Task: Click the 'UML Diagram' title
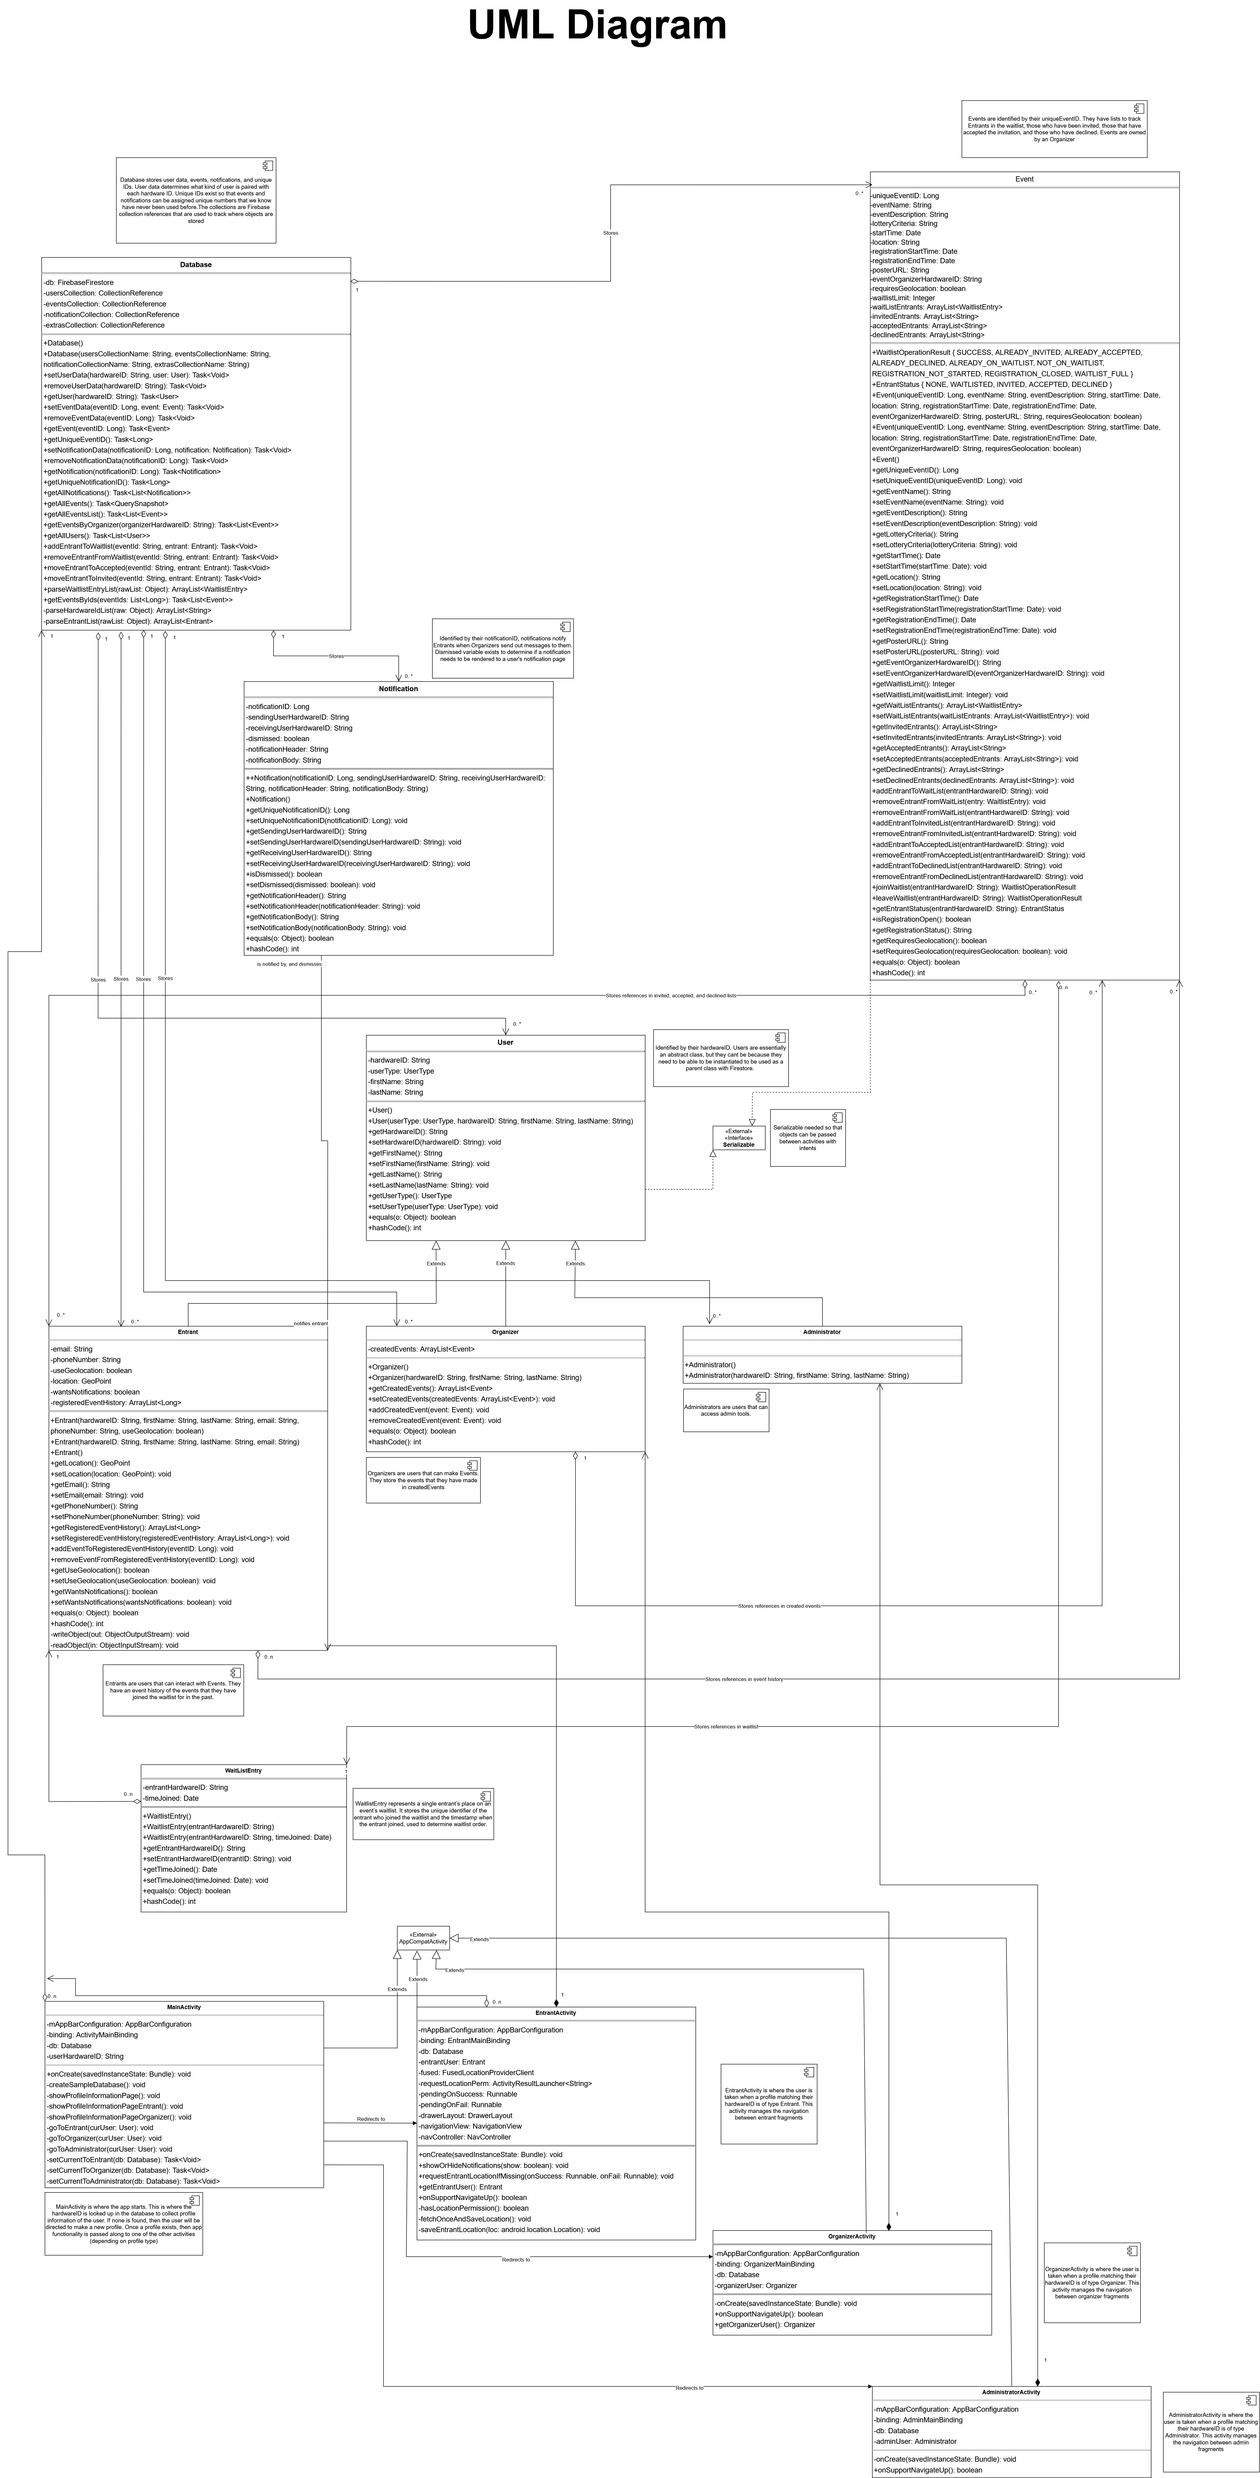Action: tap(596, 26)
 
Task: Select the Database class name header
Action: tap(195, 265)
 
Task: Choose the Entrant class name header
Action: tap(188, 1332)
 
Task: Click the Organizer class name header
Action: tap(505, 1332)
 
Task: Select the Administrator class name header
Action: tap(821, 1332)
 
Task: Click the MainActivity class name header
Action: tap(184, 2008)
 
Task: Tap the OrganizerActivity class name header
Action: tap(851, 2237)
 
